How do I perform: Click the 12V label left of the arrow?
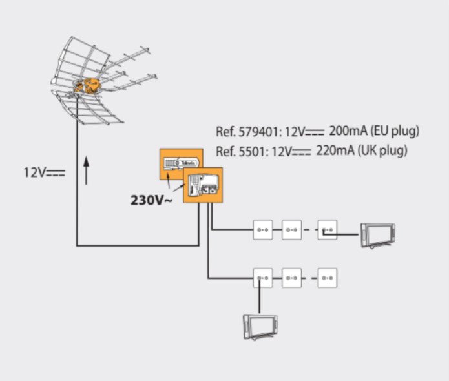(45, 173)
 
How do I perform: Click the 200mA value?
(350, 132)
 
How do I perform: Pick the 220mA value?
(336, 151)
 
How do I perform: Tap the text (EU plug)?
(397, 132)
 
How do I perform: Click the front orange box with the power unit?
(204, 187)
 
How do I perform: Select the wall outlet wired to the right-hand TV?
(328, 229)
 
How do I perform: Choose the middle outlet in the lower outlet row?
(292, 278)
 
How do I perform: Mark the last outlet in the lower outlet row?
(328, 278)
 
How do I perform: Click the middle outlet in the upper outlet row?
(292, 229)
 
